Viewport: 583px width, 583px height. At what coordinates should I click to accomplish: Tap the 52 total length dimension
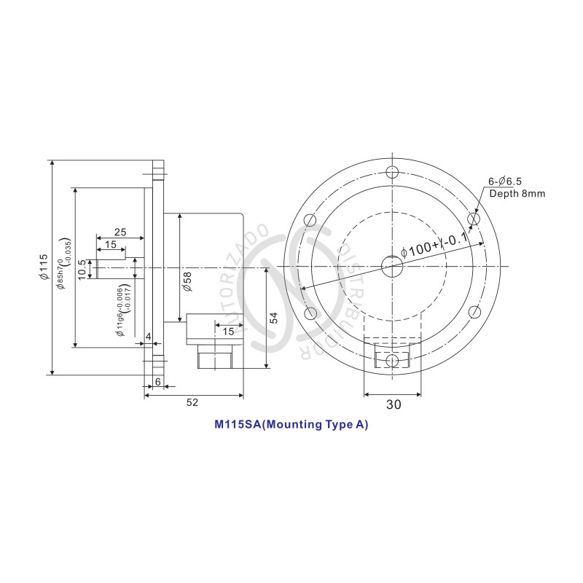[x=192, y=402]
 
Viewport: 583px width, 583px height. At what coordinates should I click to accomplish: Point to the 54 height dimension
[x=273, y=318]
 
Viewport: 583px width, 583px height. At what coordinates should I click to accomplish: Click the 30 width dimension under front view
[x=392, y=405]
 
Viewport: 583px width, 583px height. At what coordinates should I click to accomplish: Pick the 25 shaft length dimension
[x=120, y=232]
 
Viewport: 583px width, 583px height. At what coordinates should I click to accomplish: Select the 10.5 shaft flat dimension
[x=82, y=267]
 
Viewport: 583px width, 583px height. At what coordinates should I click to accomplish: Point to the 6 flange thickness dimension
[x=157, y=382]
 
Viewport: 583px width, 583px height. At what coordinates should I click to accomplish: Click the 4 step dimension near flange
[x=148, y=336]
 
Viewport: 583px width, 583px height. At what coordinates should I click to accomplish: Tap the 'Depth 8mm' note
[x=517, y=193]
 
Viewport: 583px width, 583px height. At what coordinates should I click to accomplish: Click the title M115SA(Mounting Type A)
[x=291, y=424]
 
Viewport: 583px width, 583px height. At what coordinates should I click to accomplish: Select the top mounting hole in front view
[x=392, y=173]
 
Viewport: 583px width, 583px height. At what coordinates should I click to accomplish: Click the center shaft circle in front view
[x=392, y=266]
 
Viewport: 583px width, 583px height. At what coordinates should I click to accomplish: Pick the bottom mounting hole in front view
[x=392, y=360]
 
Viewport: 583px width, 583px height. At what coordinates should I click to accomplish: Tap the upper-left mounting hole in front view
[x=311, y=219]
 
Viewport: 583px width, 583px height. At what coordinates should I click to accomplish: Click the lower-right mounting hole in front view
[x=474, y=313]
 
